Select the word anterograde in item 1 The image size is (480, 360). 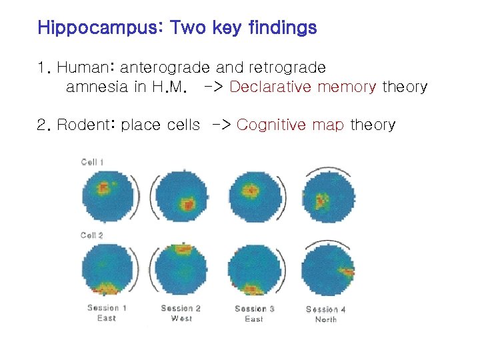(x=164, y=67)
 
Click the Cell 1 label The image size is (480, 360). (x=92, y=162)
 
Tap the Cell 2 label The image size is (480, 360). (x=92, y=235)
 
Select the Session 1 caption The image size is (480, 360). (x=107, y=308)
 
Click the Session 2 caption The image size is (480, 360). (x=181, y=308)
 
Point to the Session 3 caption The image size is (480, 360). (x=255, y=308)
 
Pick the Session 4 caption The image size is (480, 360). (x=326, y=309)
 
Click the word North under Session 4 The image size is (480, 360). (x=326, y=319)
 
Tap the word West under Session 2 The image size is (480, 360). (x=181, y=319)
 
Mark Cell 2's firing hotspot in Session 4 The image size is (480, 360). (x=346, y=271)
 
